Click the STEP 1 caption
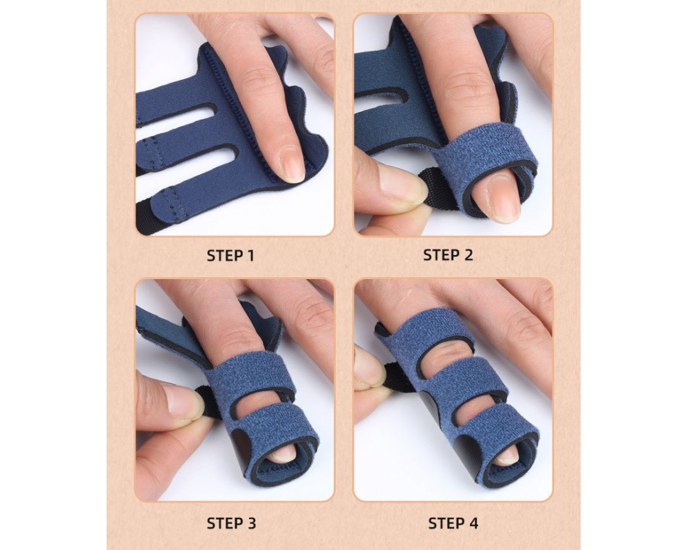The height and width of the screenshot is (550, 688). pos(230,256)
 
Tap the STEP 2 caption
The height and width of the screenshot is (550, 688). pos(448,255)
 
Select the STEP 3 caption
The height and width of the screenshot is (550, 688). pos(231,523)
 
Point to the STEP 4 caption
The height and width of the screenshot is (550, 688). pos(453,523)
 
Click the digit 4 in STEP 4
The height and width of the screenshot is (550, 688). pos(473,523)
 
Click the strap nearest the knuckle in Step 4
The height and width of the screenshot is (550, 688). pos(426,334)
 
